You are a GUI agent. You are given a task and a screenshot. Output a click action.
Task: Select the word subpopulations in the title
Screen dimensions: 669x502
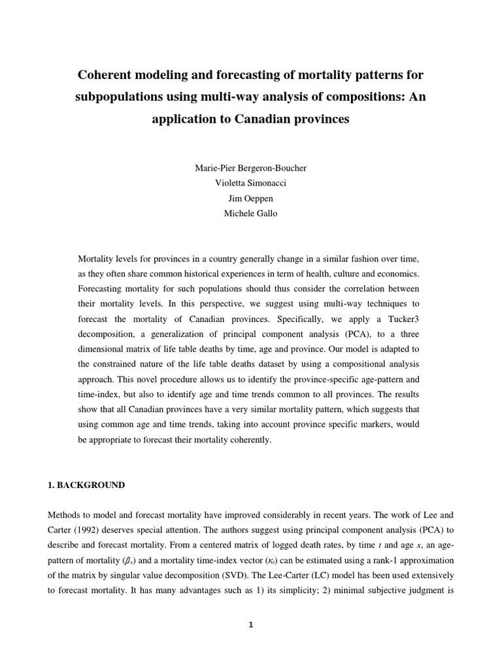click(118, 97)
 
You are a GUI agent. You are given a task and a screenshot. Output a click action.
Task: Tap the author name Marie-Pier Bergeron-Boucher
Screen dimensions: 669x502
click(251, 168)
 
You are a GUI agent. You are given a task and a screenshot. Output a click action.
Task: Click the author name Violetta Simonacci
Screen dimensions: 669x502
click(251, 183)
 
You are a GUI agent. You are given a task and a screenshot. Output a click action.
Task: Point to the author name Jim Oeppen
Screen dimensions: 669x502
click(251, 198)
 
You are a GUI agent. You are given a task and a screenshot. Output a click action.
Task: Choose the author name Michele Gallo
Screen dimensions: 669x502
click(251, 213)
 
